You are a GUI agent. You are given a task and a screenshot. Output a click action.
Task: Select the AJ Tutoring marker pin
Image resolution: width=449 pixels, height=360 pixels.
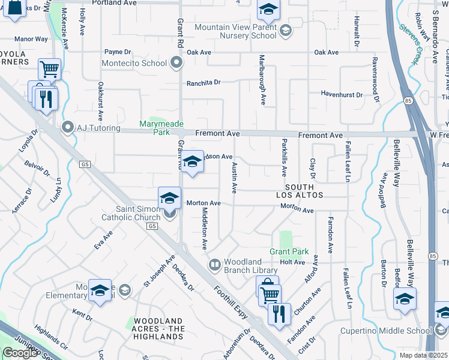[x=68, y=127]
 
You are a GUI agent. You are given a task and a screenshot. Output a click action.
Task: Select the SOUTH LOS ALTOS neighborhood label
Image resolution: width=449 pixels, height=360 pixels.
[x=300, y=191]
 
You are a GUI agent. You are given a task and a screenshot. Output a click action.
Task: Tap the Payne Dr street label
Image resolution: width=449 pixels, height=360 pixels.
[x=117, y=52]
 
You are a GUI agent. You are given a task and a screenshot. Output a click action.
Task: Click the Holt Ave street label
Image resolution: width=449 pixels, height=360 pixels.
[x=292, y=262]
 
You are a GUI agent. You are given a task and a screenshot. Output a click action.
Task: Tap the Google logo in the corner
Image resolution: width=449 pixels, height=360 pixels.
[x=20, y=353]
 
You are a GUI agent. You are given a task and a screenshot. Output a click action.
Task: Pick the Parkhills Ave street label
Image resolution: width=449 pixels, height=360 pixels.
[x=283, y=157]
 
